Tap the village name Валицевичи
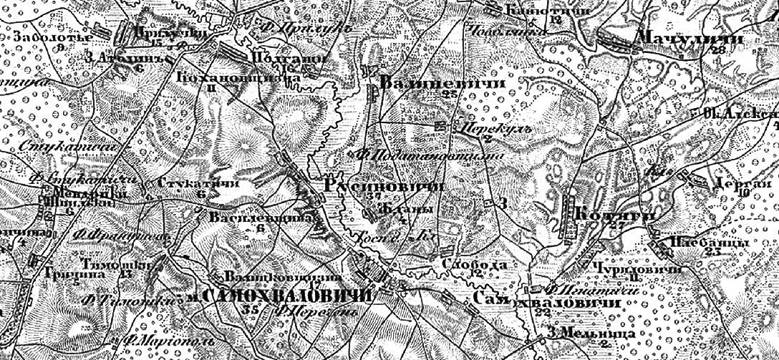[x=442, y=83]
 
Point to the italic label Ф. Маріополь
[x=148, y=341]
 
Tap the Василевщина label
[x=263, y=217]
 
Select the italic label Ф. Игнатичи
[x=571, y=291]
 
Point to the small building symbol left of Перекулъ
[x=440, y=126]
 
